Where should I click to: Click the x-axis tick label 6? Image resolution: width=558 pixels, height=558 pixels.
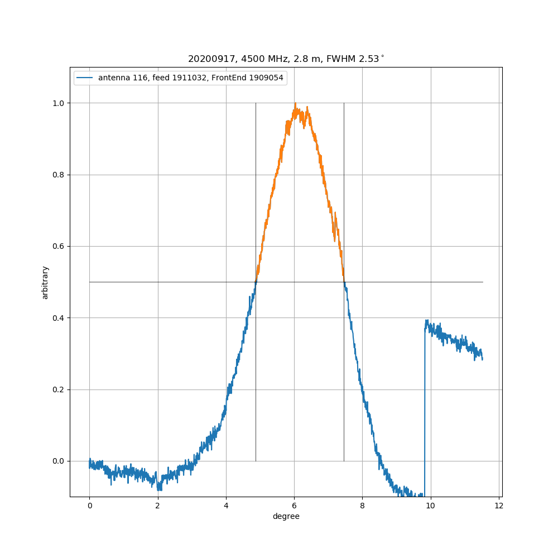click(x=294, y=506)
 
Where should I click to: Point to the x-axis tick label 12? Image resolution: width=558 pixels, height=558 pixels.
click(x=499, y=506)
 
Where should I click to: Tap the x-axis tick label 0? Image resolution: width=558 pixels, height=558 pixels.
click(x=89, y=506)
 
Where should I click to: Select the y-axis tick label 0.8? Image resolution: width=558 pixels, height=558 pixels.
click(x=57, y=175)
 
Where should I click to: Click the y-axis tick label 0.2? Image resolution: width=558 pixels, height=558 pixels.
click(x=57, y=389)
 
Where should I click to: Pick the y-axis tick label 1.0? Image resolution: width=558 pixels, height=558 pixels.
click(x=57, y=103)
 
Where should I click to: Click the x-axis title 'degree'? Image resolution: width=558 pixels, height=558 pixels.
click(x=286, y=517)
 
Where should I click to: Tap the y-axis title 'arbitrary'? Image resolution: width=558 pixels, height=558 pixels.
click(x=45, y=282)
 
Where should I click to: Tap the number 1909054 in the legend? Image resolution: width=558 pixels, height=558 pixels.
click(x=265, y=78)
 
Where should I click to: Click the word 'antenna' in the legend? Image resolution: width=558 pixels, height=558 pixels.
click(x=113, y=78)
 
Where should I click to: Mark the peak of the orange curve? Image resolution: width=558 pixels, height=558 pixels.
click(x=295, y=104)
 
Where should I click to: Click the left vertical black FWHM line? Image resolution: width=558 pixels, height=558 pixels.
click(x=256, y=363)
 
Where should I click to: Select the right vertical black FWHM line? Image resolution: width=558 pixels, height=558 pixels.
click(x=344, y=363)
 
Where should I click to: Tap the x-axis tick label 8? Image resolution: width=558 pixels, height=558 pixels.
click(x=362, y=506)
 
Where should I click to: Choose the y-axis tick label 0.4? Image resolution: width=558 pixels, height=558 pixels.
click(x=57, y=318)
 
